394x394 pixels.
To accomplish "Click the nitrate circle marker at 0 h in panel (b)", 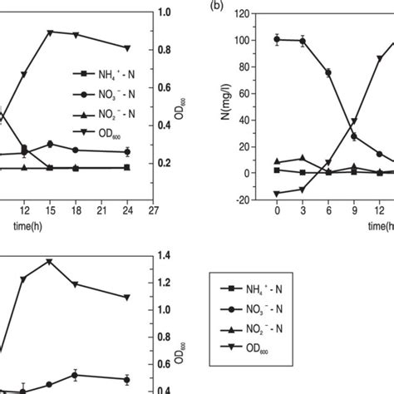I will click(x=278, y=39).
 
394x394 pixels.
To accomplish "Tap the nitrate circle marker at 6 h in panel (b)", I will click(x=328, y=72).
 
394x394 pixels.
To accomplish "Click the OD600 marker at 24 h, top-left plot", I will click(x=126, y=48).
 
